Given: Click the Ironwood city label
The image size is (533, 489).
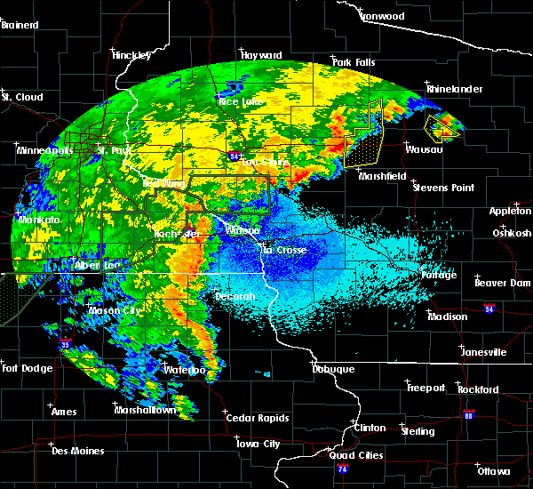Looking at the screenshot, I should (384, 16).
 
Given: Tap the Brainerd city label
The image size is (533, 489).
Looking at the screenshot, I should (20, 25).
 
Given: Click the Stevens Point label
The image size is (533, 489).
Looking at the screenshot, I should (443, 188).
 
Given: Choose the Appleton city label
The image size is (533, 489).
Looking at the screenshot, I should (511, 211).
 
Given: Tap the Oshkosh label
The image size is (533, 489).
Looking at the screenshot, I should (512, 233).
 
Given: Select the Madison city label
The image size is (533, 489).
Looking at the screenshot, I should (448, 317).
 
